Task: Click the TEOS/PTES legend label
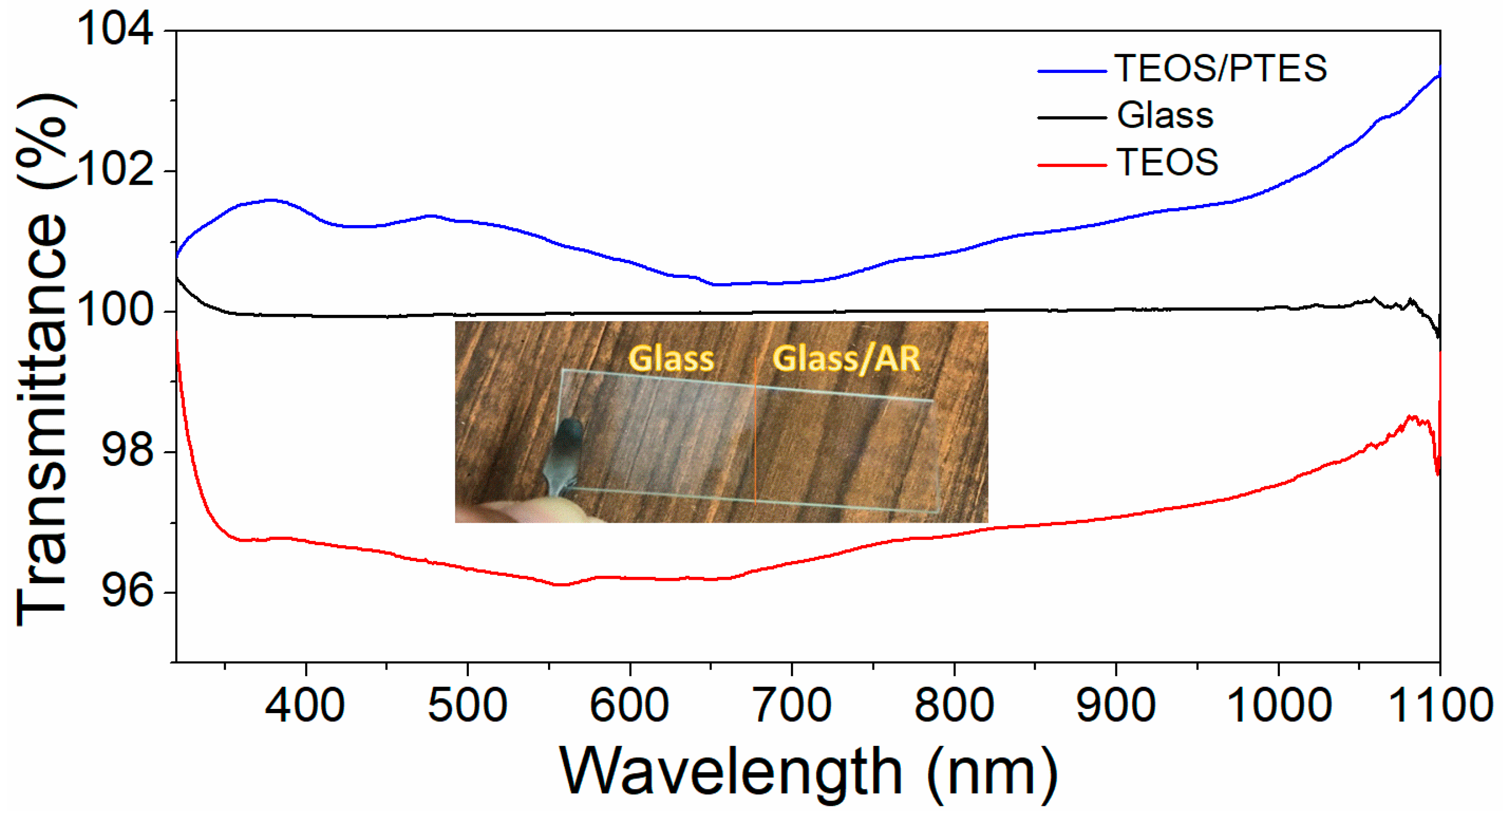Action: (1221, 68)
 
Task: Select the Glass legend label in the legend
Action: (1165, 115)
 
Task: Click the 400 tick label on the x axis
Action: (305, 705)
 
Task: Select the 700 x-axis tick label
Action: (792, 705)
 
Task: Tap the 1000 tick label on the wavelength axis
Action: (1278, 705)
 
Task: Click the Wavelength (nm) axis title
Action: (808, 773)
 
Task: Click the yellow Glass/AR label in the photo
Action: (846, 359)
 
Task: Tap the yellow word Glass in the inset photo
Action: (671, 359)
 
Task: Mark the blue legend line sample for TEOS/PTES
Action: (1072, 71)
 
